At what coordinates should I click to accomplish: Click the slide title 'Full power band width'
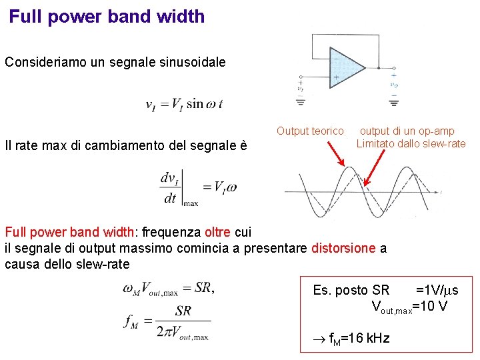tap(107, 17)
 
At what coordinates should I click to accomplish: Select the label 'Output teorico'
tap(310, 132)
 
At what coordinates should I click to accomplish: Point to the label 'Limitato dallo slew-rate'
tap(411, 143)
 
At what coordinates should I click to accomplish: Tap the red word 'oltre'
tap(217, 232)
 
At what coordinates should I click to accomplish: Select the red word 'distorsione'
tap(343, 248)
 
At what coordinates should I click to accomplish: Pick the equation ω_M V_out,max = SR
tap(168, 289)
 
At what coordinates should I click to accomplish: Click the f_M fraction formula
tap(166, 322)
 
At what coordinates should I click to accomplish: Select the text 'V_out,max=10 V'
tap(409, 307)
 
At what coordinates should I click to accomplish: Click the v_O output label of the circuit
tap(394, 85)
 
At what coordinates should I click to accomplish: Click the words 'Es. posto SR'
tap(351, 290)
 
